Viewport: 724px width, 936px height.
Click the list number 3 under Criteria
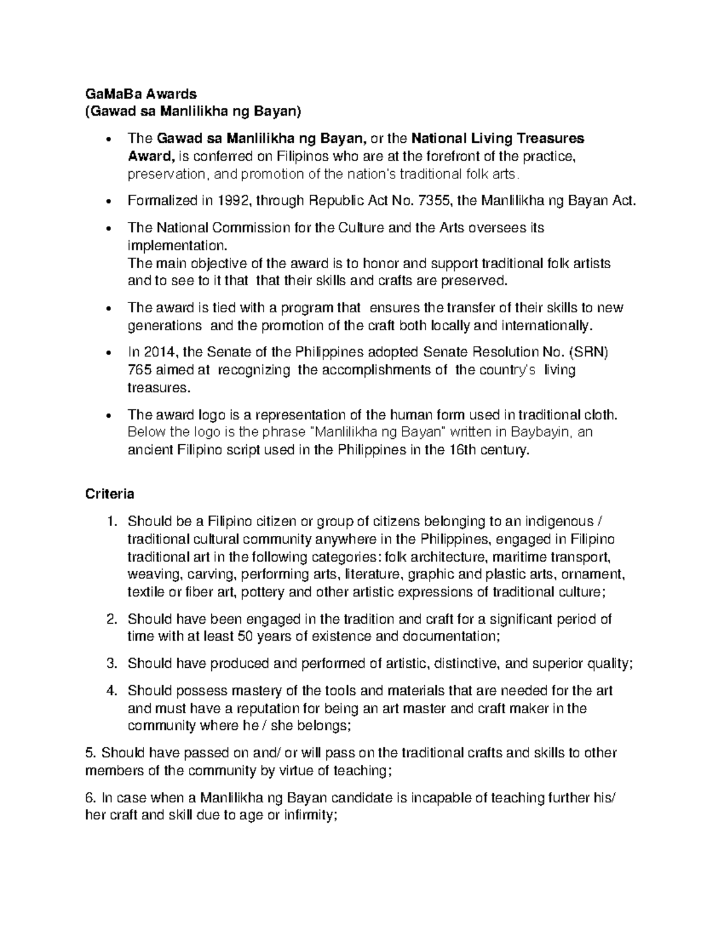110,664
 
